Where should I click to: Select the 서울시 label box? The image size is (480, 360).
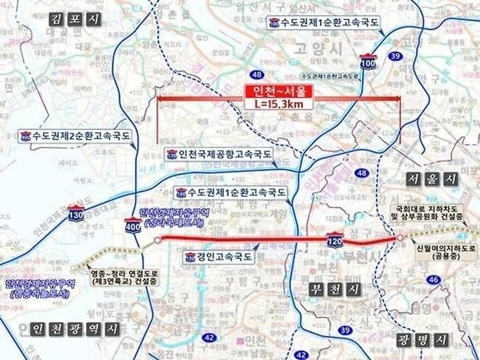pyautogui.click(x=432, y=179)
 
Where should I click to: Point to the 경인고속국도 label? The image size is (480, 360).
pyautogui.click(x=218, y=257)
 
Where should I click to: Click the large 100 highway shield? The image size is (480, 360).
pyautogui.click(x=368, y=63)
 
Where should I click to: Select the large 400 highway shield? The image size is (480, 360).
pyautogui.click(x=133, y=227)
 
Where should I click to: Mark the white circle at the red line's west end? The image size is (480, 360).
pyautogui.click(x=157, y=238)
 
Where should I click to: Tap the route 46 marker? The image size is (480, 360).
pyautogui.click(x=453, y=278)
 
